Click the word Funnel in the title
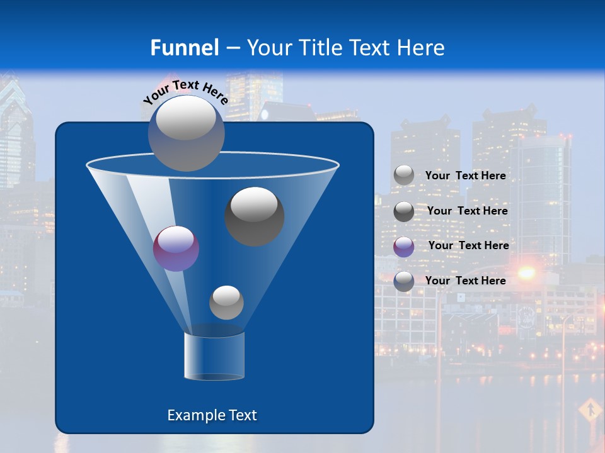tap(184, 48)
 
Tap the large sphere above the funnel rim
tap(186, 133)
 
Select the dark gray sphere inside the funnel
tap(255, 216)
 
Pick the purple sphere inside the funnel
tap(176, 249)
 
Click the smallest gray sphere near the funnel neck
tap(226, 303)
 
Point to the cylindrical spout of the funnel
tap(214, 355)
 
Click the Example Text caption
tap(212, 415)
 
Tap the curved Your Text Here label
tap(185, 92)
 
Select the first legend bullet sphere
tap(404, 176)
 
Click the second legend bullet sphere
tap(404, 211)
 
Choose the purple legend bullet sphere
tap(404, 247)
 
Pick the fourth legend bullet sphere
tap(404, 281)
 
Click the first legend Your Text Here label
tap(465, 176)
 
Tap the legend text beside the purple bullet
tap(468, 245)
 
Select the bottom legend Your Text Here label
tap(465, 281)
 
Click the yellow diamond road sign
tap(591, 410)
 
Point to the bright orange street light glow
tap(526, 273)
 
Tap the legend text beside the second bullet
tap(467, 211)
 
